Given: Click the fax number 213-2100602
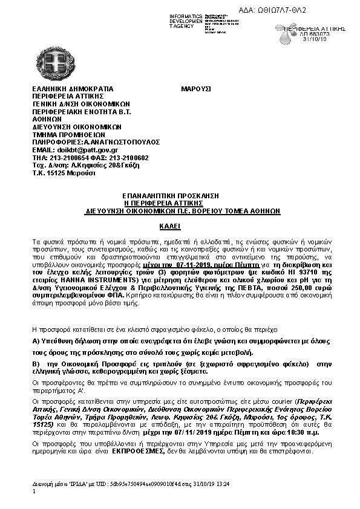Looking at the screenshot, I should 128,157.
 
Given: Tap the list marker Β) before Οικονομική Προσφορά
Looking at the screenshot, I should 36,363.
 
